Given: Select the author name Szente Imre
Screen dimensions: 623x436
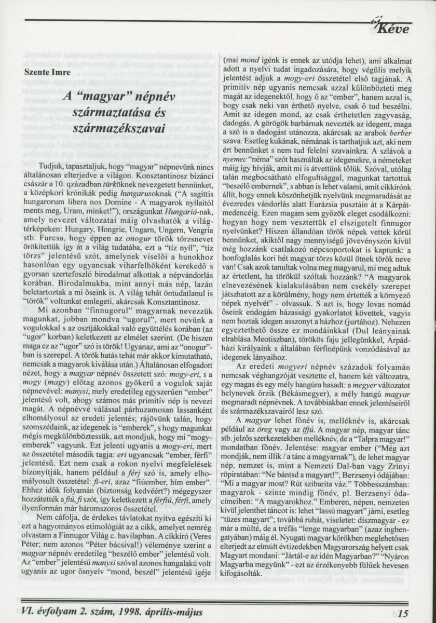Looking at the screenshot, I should (x=46, y=73).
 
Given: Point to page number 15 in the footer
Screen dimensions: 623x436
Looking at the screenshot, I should (x=404, y=613).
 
